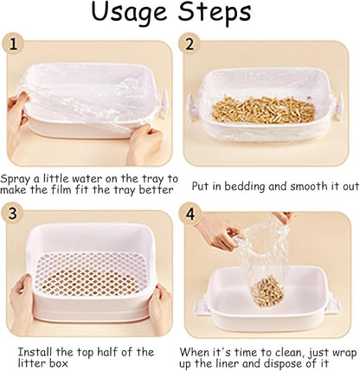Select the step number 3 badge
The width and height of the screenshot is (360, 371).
coord(13,213)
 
